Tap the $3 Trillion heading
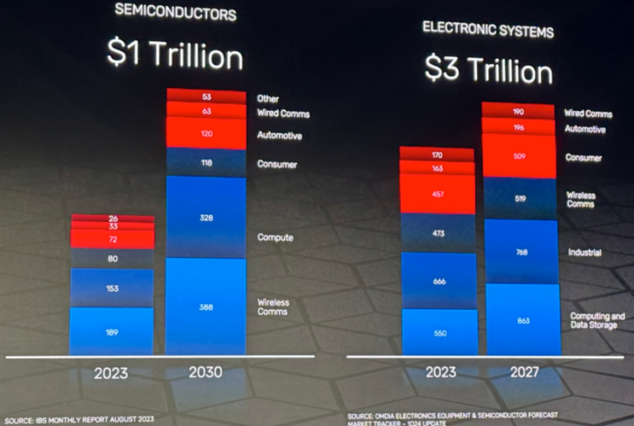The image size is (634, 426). pyautogui.click(x=489, y=70)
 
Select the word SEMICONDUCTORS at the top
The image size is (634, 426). pyautogui.click(x=175, y=14)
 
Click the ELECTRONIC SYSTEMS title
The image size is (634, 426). pyautogui.click(x=489, y=31)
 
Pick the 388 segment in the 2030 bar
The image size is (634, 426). pyautogui.click(x=206, y=307)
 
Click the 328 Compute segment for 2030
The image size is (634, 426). pyautogui.click(x=206, y=218)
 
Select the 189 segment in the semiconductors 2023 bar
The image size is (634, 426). pyautogui.click(x=112, y=332)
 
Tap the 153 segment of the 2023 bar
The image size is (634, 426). pyautogui.click(x=112, y=288)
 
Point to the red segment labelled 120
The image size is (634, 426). pyautogui.click(x=206, y=134)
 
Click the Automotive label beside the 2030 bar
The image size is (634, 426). pyautogui.click(x=279, y=136)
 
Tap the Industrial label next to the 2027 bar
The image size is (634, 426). pyautogui.click(x=584, y=252)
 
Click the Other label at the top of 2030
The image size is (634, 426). pyautogui.click(x=268, y=99)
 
